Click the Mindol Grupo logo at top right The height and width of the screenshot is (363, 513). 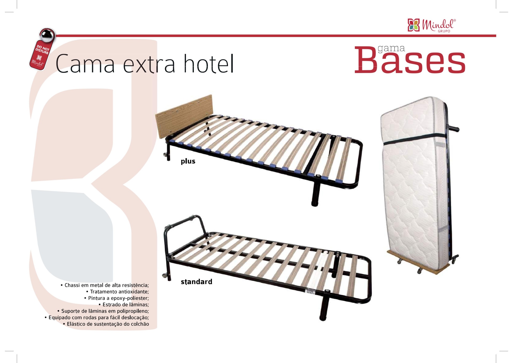point(432,25)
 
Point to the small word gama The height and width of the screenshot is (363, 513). point(391,48)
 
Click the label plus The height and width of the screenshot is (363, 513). point(188,161)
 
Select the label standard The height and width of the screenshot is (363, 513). point(196,282)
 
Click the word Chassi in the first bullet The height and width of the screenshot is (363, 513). point(72,285)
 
